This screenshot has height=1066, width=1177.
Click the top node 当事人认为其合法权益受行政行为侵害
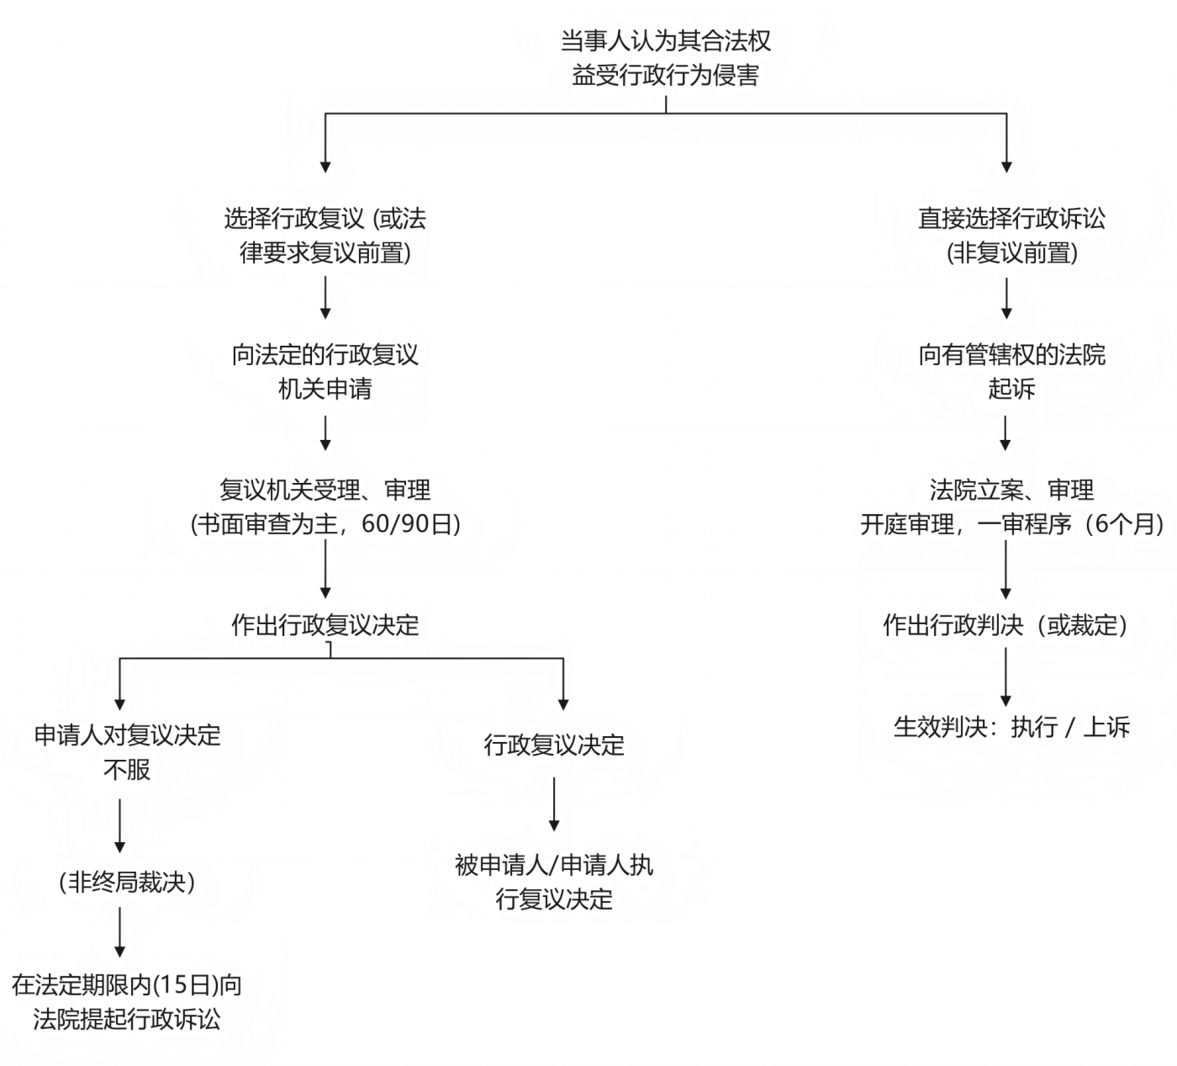click(x=666, y=58)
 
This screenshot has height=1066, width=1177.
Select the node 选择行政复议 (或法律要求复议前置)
click(x=325, y=236)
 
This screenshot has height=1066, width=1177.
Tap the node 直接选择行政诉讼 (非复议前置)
click(x=1011, y=236)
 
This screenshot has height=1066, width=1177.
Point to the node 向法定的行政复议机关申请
click(x=325, y=371)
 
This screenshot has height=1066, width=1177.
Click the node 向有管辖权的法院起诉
click(x=1011, y=371)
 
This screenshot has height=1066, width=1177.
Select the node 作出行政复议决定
click(x=325, y=625)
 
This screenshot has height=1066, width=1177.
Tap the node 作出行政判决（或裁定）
click(x=1005, y=625)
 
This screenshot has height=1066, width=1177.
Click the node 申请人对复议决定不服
click(x=127, y=752)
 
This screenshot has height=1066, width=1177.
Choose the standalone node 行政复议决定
click(x=554, y=745)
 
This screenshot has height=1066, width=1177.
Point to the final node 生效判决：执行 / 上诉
click(x=1011, y=727)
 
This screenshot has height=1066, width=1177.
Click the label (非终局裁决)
click(x=127, y=882)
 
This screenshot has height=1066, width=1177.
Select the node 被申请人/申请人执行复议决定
click(x=554, y=882)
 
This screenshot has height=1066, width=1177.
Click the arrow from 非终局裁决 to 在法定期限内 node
click(x=120, y=931)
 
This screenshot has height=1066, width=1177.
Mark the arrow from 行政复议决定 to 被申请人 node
click(x=554, y=803)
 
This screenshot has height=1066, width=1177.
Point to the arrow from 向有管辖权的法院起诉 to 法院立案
click(x=1005, y=432)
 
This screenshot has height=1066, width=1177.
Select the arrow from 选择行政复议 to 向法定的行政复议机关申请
click(x=325, y=297)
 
